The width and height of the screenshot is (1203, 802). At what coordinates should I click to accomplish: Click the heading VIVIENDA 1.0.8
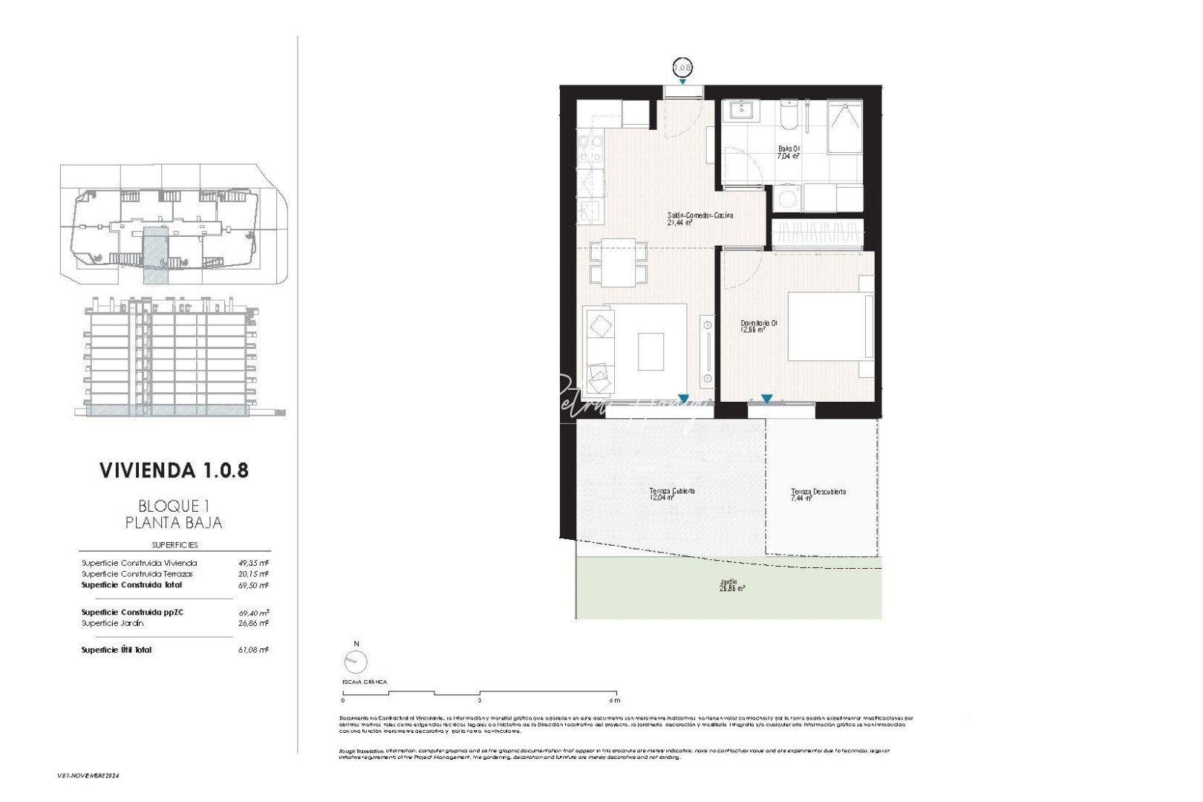(x=174, y=470)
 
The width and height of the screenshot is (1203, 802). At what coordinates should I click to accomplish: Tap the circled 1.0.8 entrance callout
(x=682, y=68)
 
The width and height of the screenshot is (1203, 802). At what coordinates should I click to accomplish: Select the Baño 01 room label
(x=788, y=152)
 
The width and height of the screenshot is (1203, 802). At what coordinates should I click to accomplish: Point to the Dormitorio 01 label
(x=759, y=326)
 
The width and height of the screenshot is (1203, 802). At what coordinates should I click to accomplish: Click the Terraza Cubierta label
(x=672, y=494)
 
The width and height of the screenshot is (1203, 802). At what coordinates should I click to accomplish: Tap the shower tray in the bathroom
(x=845, y=127)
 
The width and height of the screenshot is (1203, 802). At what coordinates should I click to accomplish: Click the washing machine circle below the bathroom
(x=785, y=199)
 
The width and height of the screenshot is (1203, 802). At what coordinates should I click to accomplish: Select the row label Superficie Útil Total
(x=117, y=650)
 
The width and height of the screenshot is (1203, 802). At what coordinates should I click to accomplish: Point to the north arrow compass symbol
(x=356, y=661)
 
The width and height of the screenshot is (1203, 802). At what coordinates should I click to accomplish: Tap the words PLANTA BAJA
(x=174, y=523)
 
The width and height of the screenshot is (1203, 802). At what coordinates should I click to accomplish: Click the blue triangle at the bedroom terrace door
(x=766, y=399)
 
